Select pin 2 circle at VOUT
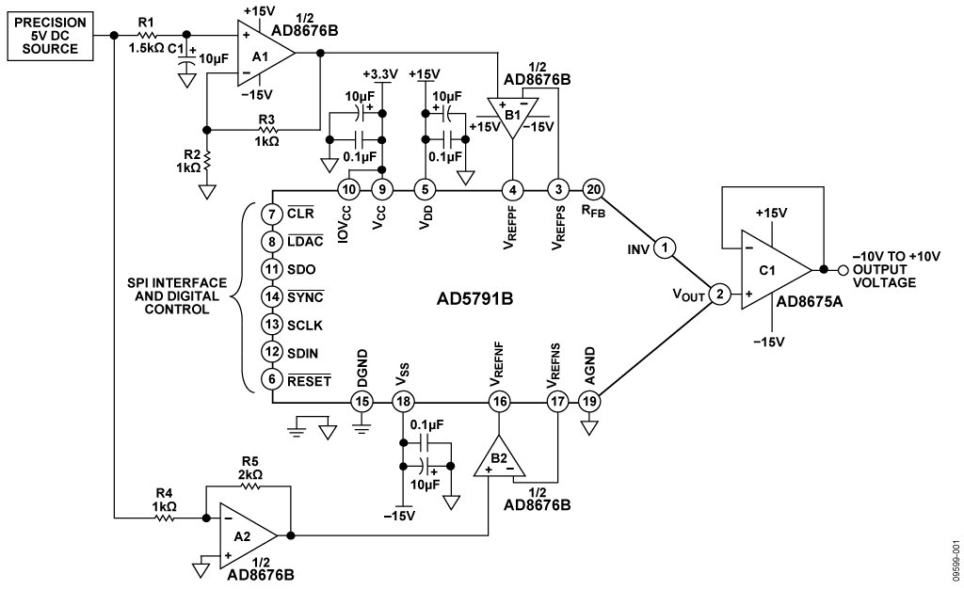coord(720,295)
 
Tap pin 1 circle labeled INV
coord(665,247)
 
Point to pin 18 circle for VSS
coord(403,402)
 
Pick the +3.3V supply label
coord(380,74)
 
